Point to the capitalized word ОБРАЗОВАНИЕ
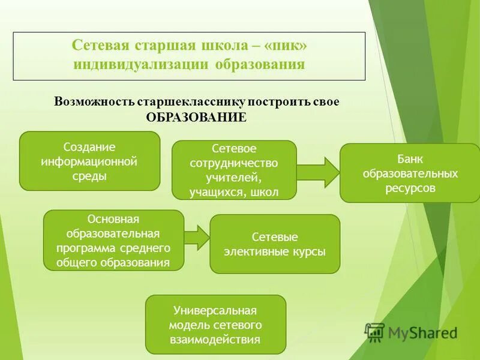click(196, 117)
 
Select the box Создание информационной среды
click(90, 161)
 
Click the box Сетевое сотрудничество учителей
click(234, 170)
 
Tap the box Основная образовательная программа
click(113, 240)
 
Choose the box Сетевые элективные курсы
click(275, 244)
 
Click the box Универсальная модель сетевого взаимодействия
click(215, 324)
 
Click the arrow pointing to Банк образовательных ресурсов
click(319, 172)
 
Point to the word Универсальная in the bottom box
click(215, 310)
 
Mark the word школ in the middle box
click(266, 192)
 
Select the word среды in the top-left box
click(90, 176)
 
